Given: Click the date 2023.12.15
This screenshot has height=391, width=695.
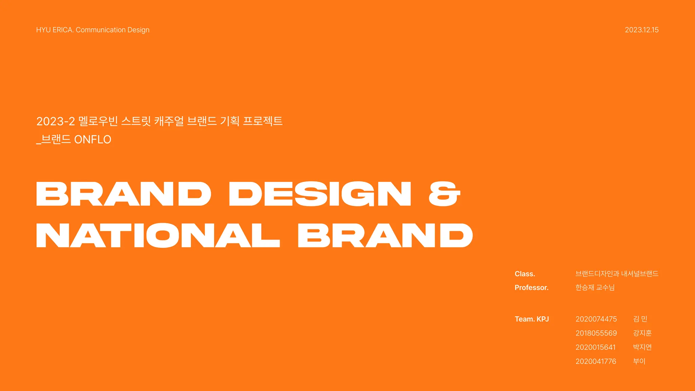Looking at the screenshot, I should [641, 30].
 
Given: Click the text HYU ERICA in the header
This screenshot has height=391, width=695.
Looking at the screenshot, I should [54, 30].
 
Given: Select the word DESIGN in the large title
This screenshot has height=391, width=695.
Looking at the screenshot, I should [320, 194].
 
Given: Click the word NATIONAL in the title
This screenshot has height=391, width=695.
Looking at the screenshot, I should [158, 235].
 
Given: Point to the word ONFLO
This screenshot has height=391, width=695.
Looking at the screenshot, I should [92, 139].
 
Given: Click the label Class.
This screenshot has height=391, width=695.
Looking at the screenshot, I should [525, 274].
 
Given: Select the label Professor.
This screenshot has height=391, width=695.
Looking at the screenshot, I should [531, 287].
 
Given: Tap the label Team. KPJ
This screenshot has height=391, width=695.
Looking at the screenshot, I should [531, 319].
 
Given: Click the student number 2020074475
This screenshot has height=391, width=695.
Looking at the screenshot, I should [596, 319].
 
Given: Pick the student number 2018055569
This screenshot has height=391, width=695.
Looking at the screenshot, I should [596, 333].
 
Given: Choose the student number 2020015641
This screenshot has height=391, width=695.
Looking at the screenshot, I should [595, 347].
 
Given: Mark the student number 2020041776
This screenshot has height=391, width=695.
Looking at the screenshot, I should [596, 361].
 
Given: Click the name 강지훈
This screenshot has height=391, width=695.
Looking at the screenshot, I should [642, 333].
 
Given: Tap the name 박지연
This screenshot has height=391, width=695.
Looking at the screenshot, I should [642, 347].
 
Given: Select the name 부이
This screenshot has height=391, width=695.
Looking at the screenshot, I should [639, 361].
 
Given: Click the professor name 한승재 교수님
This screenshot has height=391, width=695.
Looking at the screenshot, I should [595, 287].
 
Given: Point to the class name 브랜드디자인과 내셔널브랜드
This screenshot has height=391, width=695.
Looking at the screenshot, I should [617, 274].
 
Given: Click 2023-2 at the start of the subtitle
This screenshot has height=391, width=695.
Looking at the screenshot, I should [55, 121].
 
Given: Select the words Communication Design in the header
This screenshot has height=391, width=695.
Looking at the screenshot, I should [112, 30].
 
